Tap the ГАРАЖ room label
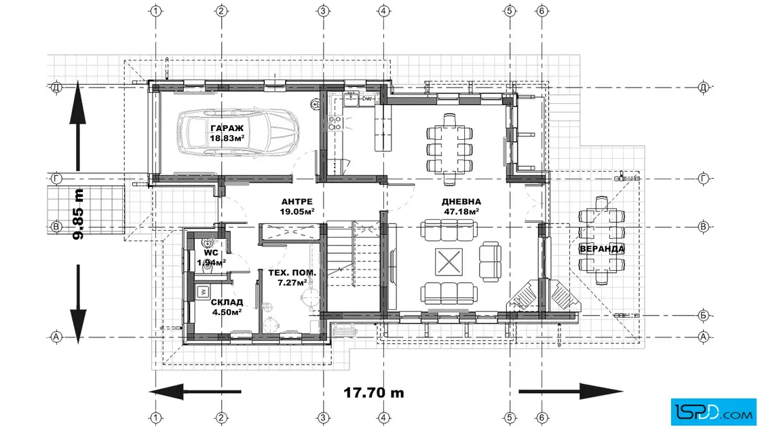(227, 128)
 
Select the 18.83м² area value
(227, 138)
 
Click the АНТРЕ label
(297, 202)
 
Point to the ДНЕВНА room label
(461, 202)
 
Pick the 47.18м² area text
(461, 211)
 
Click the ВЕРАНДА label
(602, 249)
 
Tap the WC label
(211, 253)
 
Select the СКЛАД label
(227, 303)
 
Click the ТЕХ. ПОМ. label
(292, 273)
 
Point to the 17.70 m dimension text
(374, 392)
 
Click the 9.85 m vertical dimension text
(78, 214)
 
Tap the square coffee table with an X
(449, 262)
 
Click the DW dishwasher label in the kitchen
(367, 99)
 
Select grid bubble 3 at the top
(323, 11)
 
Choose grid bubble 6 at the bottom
(542, 417)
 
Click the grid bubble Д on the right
(704, 88)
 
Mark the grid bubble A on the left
(56, 337)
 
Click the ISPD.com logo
(713, 412)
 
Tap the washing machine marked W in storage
(203, 292)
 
